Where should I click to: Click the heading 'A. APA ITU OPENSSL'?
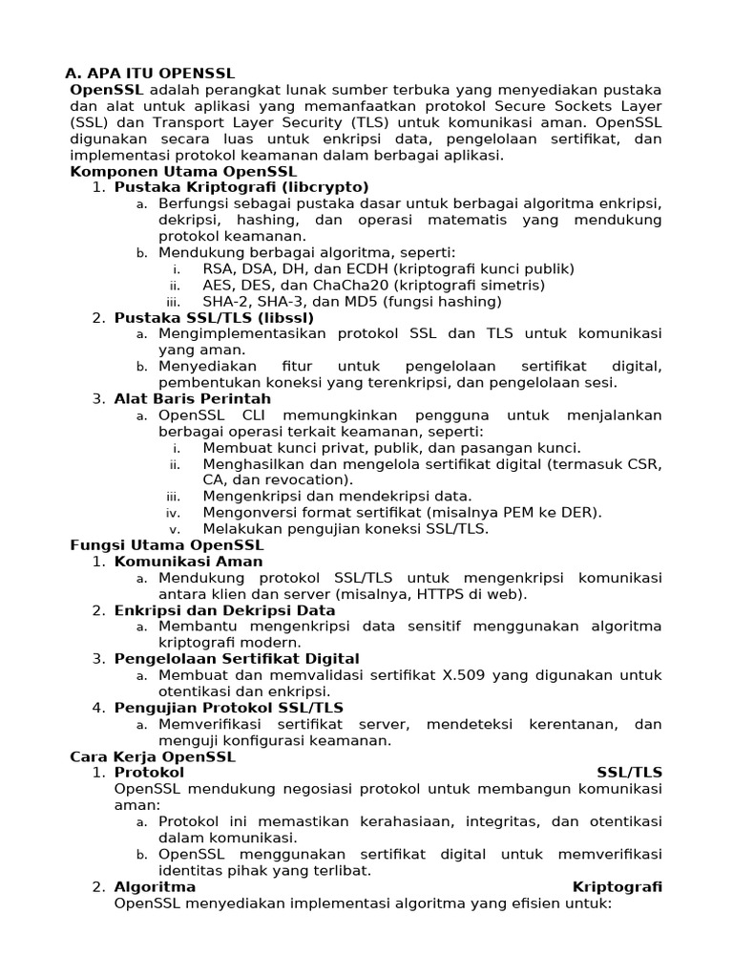(x=149, y=74)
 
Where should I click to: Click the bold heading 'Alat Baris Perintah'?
(x=193, y=398)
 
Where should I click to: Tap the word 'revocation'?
(x=303, y=479)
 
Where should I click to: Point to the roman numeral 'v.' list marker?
(x=175, y=529)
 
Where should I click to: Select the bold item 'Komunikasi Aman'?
(x=188, y=561)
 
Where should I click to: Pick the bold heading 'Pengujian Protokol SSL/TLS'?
(x=229, y=708)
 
